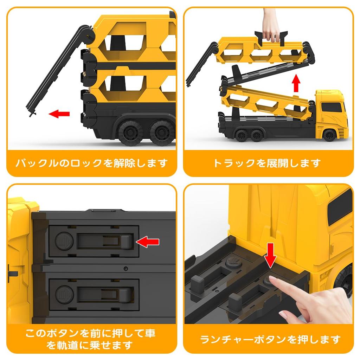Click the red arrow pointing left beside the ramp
59,114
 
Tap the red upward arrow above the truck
296,83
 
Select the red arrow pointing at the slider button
147,242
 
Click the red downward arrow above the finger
271,255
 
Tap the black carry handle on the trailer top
271,37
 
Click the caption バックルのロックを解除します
91,163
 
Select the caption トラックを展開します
267,163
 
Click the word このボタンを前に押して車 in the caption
90,333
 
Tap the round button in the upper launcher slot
64,241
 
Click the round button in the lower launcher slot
65,294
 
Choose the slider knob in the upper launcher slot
127,242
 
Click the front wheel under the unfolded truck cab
329,135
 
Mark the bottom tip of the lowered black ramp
31,115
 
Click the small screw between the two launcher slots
126,268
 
